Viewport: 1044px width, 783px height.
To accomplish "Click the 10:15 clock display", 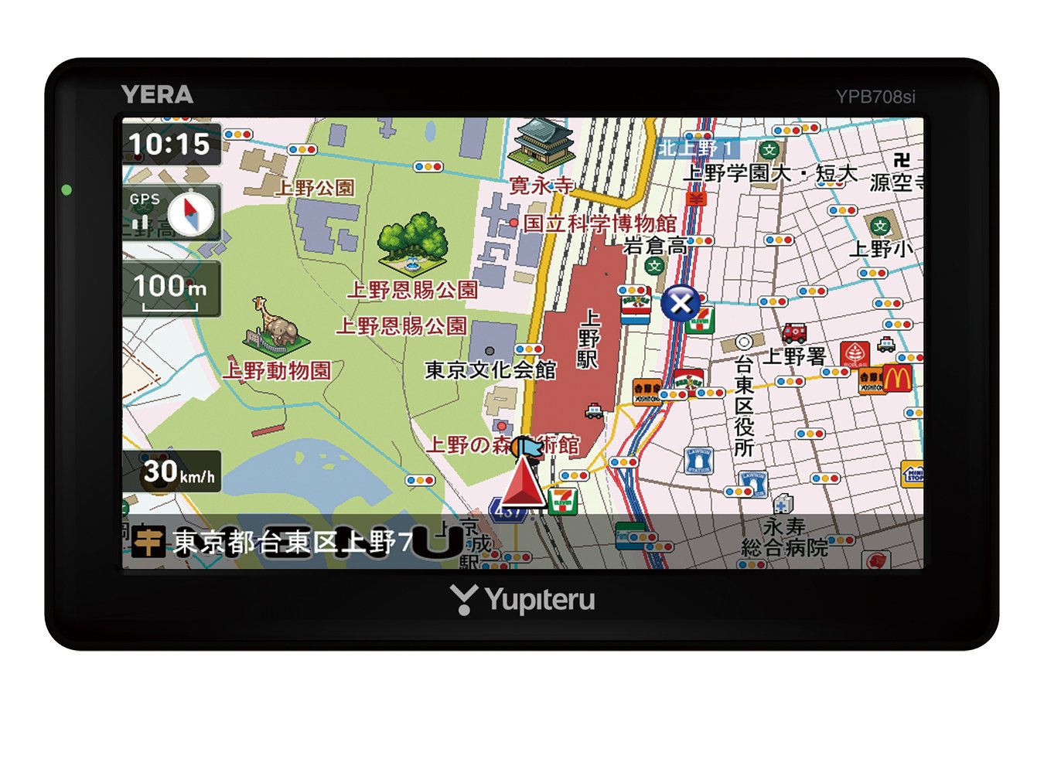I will (170, 145).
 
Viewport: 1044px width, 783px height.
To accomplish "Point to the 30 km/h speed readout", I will (176, 472).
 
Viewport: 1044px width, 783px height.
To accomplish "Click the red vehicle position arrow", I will (523, 483).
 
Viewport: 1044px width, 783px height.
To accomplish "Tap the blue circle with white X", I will (681, 303).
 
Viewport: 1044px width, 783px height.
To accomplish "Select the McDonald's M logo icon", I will (897, 379).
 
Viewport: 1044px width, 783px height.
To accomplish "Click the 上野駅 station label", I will (589, 339).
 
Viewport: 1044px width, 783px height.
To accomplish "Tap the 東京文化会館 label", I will (490, 370).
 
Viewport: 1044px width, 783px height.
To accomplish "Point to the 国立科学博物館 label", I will (599, 223).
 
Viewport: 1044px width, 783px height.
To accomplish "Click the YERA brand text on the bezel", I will (157, 95).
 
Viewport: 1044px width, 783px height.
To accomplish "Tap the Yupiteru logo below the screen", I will (524, 600).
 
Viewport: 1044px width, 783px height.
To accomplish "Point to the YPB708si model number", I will (875, 97).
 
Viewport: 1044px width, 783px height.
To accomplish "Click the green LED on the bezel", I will (67, 190).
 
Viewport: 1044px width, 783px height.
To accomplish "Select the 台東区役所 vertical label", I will (743, 406).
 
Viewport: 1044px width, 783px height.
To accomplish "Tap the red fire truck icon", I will (793, 332).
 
